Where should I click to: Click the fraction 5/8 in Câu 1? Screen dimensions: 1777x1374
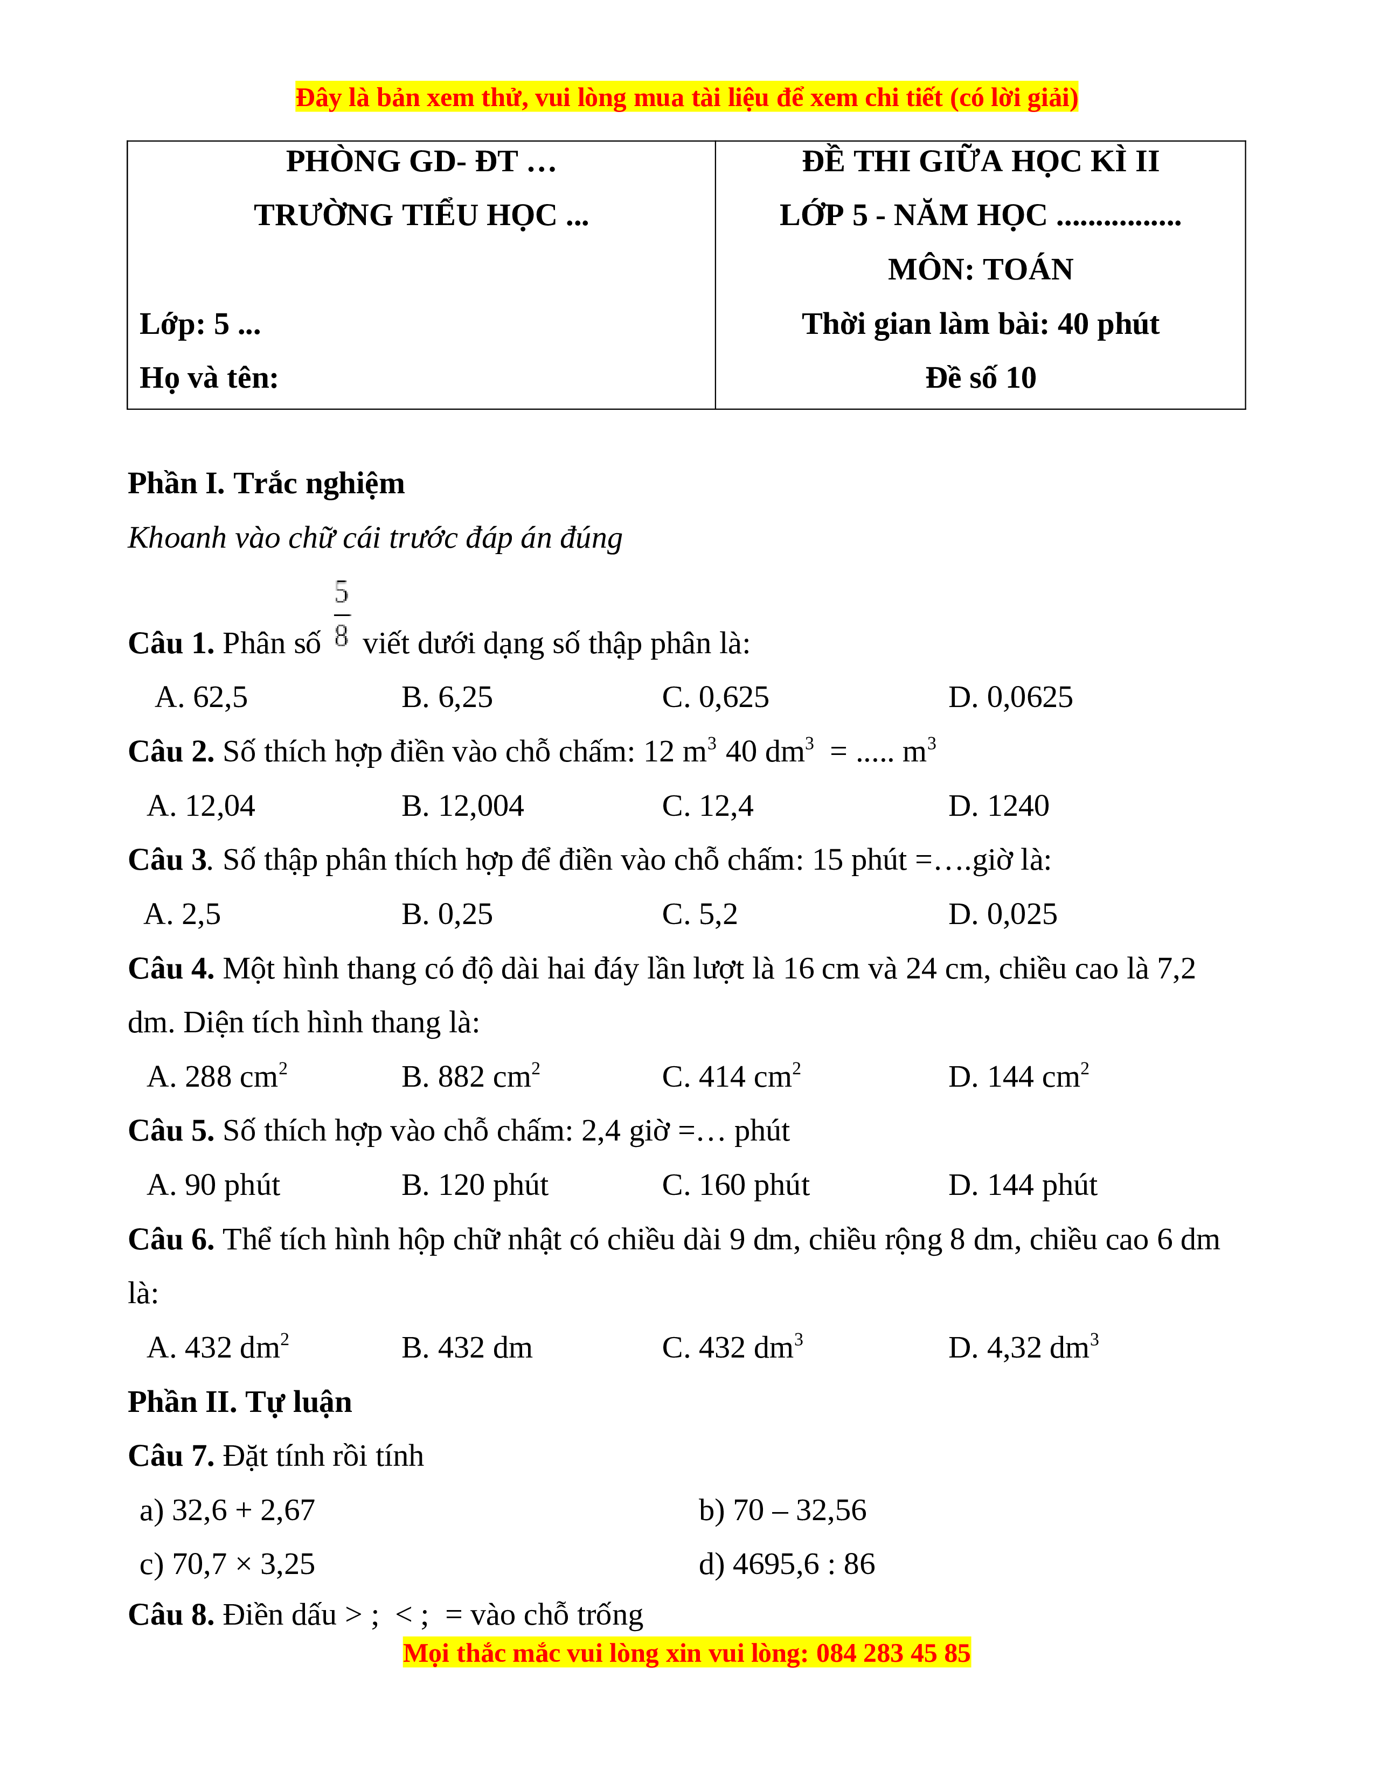[342, 614]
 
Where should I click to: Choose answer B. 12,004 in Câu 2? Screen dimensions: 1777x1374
[462, 806]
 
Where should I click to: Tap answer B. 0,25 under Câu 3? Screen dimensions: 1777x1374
[447, 914]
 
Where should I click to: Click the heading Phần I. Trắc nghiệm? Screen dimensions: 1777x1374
[266, 484]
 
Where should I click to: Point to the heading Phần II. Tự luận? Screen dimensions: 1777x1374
[240, 1402]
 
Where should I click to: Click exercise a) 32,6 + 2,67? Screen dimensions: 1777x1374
[227, 1510]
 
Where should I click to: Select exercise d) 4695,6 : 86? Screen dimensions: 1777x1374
[786, 1564]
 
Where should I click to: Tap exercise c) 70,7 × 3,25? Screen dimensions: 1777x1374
[227, 1564]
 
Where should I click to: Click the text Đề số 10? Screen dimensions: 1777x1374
[980, 377]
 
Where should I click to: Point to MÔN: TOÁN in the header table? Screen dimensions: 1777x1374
[980, 269]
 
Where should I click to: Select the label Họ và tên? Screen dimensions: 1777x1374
[209, 377]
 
